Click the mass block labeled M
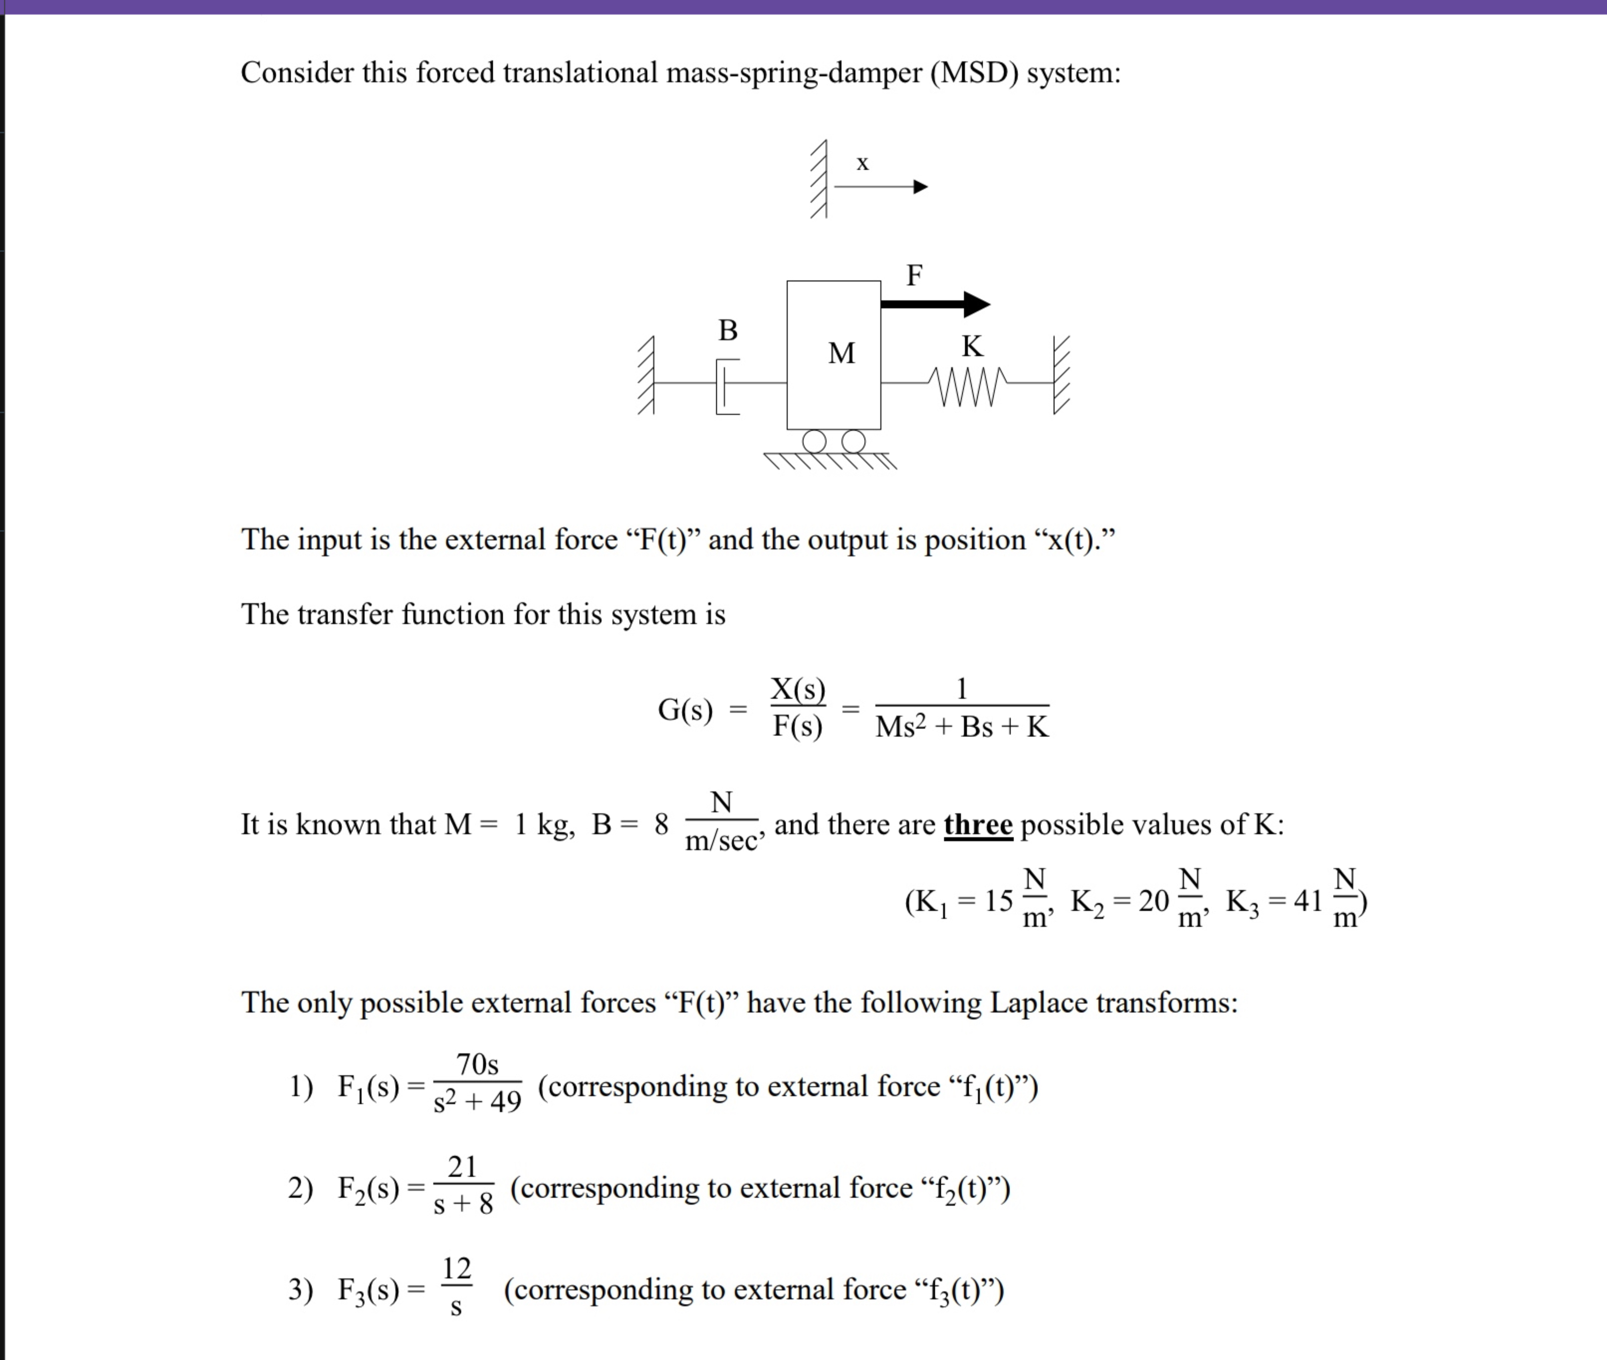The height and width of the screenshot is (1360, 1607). pyautogui.click(x=833, y=355)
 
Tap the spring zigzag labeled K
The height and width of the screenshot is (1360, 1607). pyautogui.click(x=967, y=385)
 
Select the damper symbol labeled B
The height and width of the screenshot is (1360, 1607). pyautogui.click(x=727, y=385)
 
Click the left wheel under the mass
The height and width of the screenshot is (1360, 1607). pyautogui.click(x=814, y=441)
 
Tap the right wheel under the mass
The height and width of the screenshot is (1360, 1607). pyautogui.click(x=853, y=441)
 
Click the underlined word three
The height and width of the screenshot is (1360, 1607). pyautogui.click(x=977, y=825)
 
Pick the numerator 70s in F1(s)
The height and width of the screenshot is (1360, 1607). pyautogui.click(x=477, y=1065)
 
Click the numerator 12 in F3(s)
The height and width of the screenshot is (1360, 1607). pyautogui.click(x=457, y=1268)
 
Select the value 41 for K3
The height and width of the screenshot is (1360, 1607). pyautogui.click(x=1308, y=900)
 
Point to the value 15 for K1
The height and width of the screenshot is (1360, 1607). pyautogui.click(x=998, y=900)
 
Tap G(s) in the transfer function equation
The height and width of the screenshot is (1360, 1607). pyautogui.click(x=685, y=709)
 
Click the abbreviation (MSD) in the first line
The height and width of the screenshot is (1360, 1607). pyautogui.click(x=974, y=73)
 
